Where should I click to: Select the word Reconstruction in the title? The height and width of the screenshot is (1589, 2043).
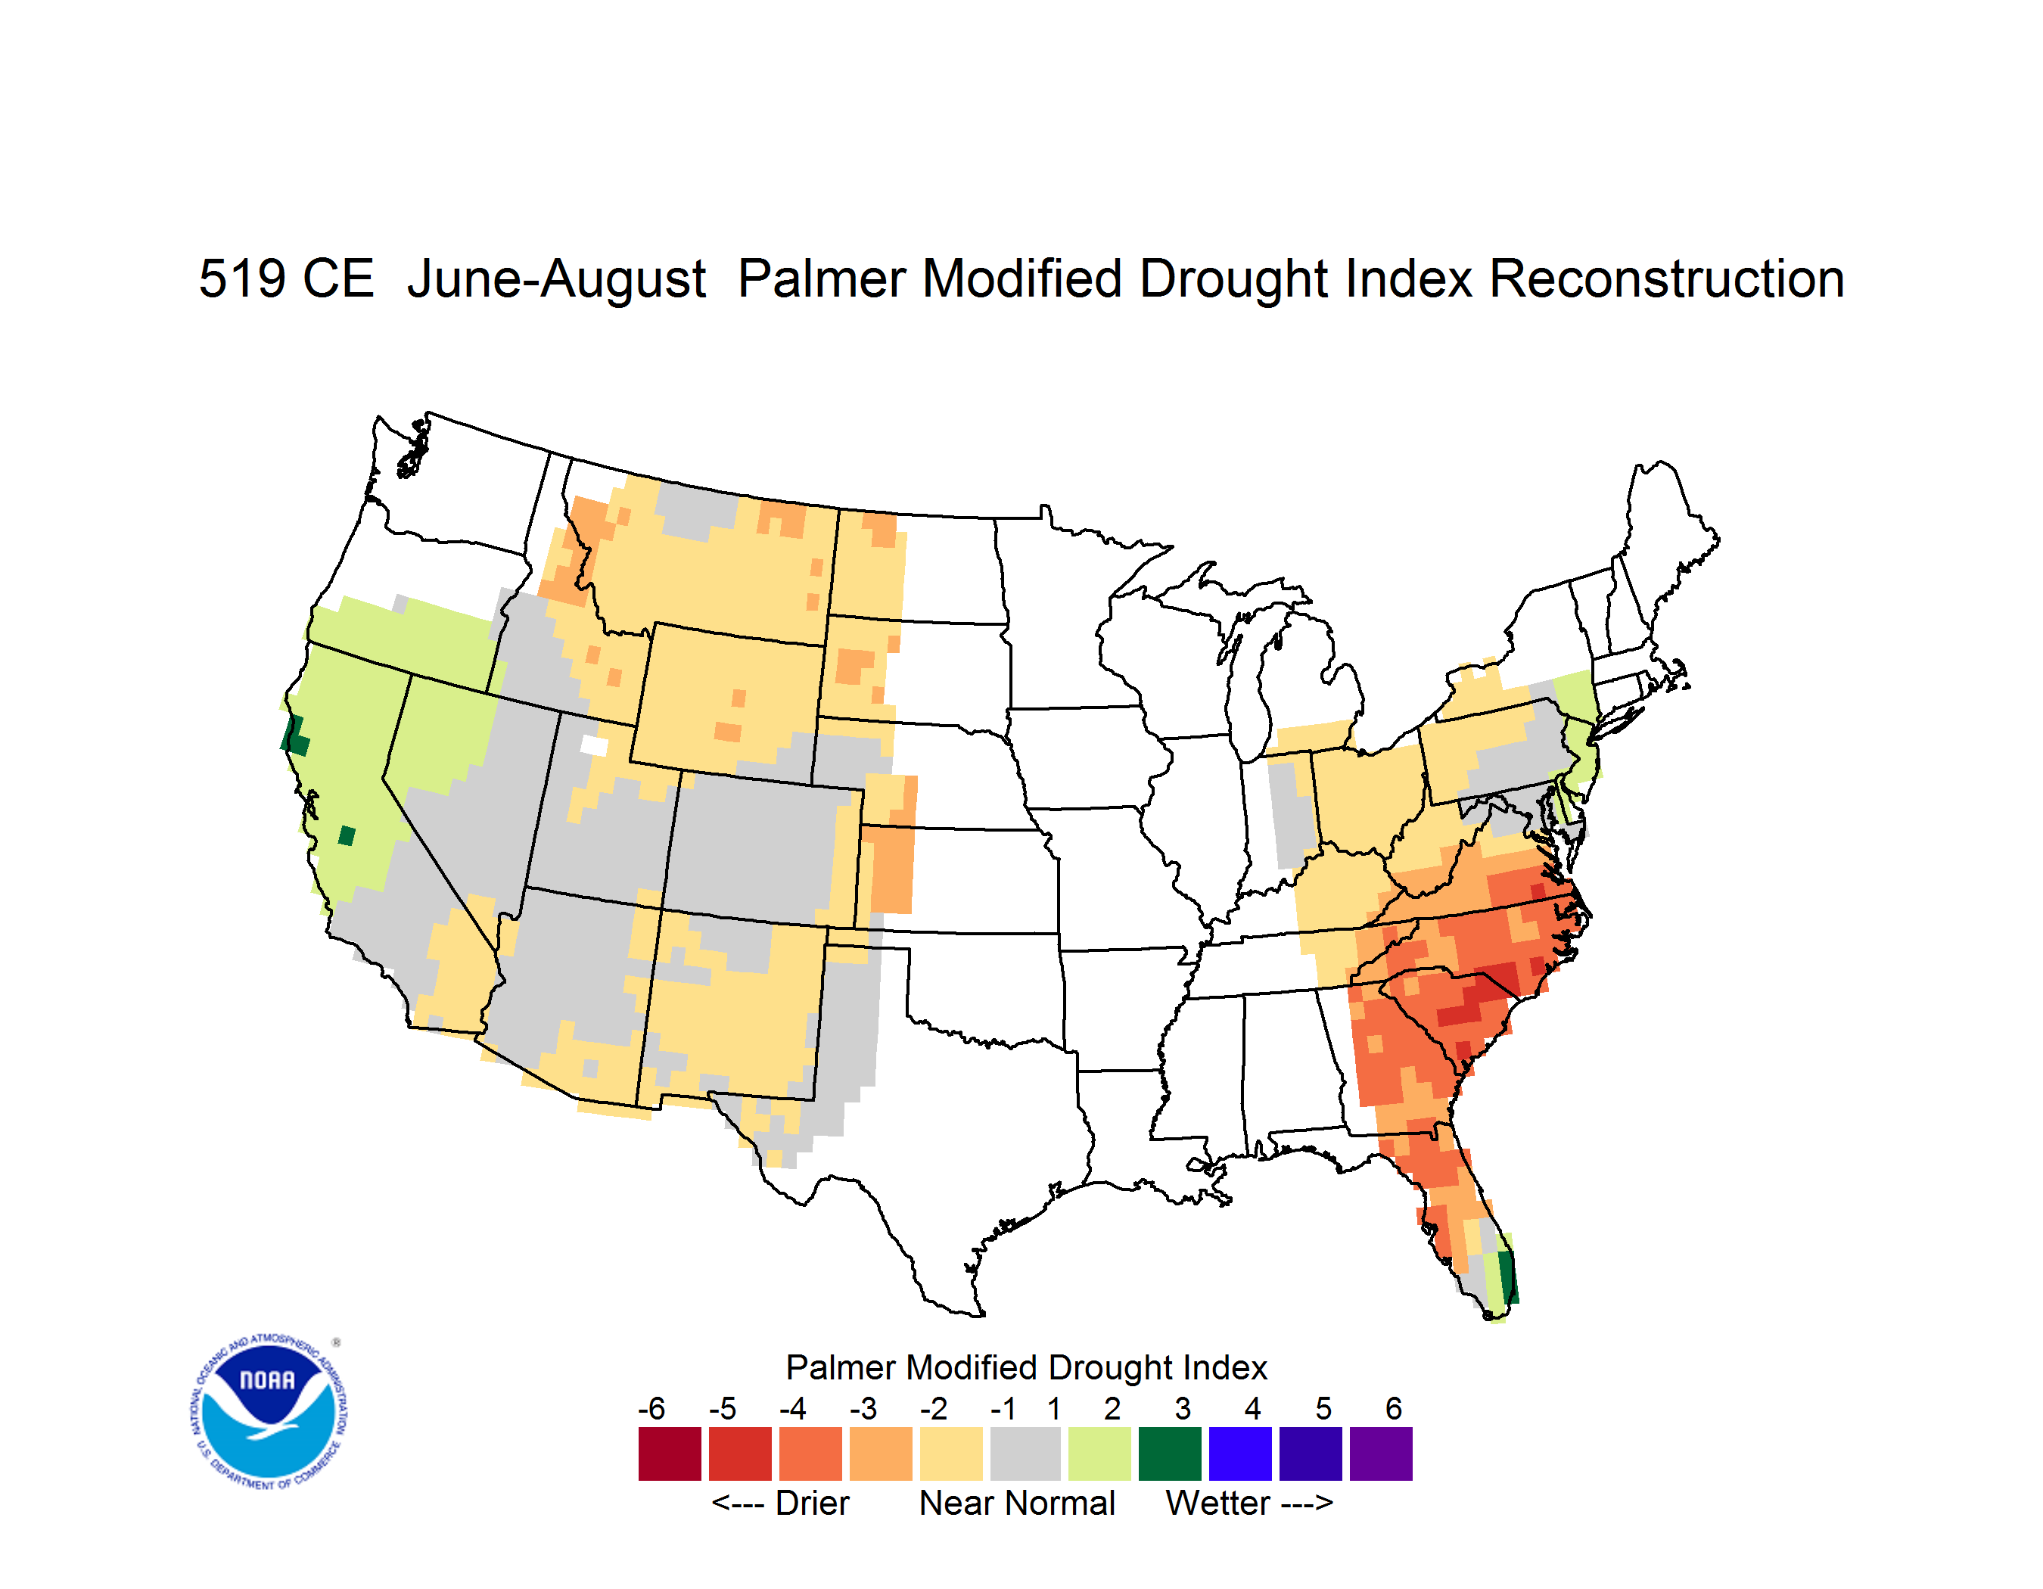(1666, 278)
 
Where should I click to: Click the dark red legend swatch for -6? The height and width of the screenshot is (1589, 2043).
(670, 1454)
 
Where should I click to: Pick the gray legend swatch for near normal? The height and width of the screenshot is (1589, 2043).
(1025, 1454)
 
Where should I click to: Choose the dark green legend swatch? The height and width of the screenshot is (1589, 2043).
(1169, 1454)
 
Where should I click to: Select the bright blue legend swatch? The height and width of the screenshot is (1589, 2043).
(1240, 1454)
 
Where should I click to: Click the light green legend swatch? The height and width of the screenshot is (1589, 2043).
(1099, 1454)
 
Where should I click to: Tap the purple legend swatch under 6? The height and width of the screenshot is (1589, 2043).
(1381, 1454)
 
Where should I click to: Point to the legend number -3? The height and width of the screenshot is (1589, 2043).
(863, 1408)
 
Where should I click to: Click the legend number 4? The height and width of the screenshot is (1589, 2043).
(1252, 1408)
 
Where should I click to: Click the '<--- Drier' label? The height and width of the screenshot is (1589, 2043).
(780, 1503)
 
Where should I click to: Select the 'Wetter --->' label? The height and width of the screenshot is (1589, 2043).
(1248, 1503)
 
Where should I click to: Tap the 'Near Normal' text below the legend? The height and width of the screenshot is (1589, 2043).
(1017, 1503)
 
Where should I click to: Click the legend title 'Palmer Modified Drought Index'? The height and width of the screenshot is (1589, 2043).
(1026, 1367)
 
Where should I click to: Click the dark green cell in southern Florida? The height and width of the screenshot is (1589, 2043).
(1508, 1276)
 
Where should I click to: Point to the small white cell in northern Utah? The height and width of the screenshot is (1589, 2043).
(594, 745)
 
